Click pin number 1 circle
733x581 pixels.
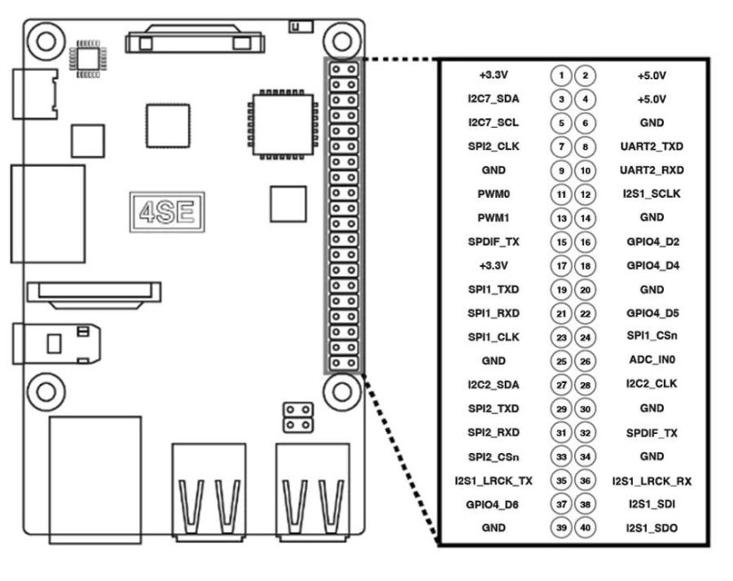[x=561, y=75]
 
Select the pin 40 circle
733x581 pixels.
[x=586, y=528]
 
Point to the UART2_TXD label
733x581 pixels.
[x=651, y=146]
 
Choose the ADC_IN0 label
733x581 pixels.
[x=651, y=361]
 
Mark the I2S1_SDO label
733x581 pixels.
[x=651, y=528]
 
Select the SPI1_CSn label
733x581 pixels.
[x=651, y=337]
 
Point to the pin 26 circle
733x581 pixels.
[x=586, y=361]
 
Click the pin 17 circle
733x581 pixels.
[x=561, y=265]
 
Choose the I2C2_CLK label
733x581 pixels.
[x=651, y=385]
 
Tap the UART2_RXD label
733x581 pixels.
[x=651, y=169]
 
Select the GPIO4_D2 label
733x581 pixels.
[x=651, y=241]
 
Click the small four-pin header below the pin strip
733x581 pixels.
[x=296, y=417]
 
